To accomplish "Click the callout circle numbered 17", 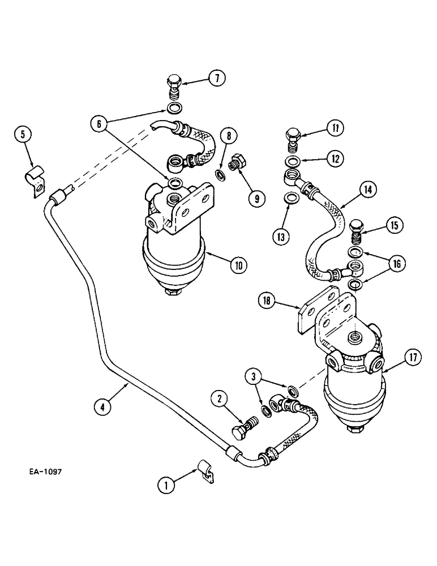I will coord(412,357).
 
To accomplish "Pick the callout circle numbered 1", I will coord(166,484).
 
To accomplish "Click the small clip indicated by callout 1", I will coord(206,471).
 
